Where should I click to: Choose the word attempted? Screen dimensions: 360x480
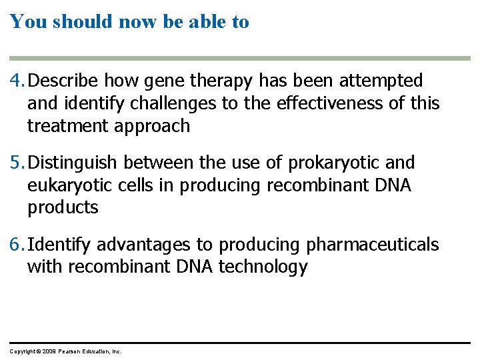381,81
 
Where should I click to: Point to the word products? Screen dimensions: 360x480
63,207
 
